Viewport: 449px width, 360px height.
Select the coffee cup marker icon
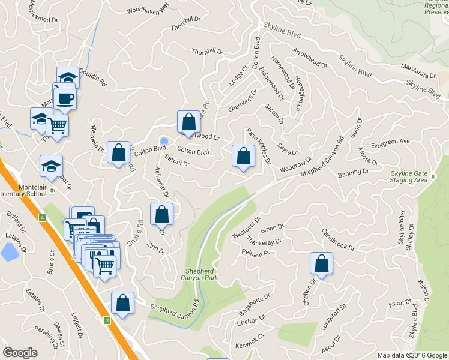pos(65,98)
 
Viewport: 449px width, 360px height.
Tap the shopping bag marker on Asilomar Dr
pos(161,214)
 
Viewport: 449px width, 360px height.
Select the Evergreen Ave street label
pos(390,142)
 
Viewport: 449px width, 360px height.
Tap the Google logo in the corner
pos(20,353)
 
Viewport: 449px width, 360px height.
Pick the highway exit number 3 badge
pos(107,320)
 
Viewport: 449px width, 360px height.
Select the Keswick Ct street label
pos(253,340)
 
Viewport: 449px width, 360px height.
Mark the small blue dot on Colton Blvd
pos(163,140)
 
